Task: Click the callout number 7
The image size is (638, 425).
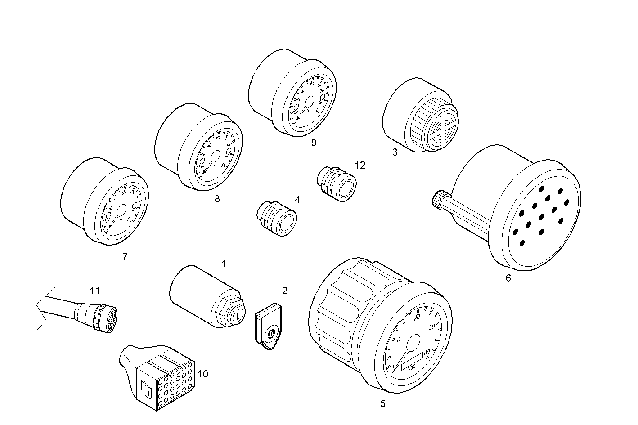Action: [x=125, y=257]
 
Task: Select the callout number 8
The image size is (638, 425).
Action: [x=217, y=199]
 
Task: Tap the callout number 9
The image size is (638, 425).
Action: [x=314, y=143]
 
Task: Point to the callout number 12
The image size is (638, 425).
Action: [x=359, y=165]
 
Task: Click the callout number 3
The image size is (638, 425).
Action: [x=395, y=152]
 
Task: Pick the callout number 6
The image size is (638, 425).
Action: [x=508, y=278]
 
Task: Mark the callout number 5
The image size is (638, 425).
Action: [x=382, y=403]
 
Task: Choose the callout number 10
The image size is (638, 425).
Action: [x=203, y=374]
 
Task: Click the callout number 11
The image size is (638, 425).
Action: [x=94, y=291]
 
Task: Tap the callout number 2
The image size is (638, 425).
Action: [x=284, y=291]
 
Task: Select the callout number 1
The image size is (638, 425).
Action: [x=224, y=264]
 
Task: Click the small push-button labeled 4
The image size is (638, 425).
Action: [x=277, y=219]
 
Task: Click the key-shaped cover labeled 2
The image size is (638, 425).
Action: [x=269, y=327]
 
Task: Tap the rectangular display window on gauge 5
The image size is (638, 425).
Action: [x=412, y=360]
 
